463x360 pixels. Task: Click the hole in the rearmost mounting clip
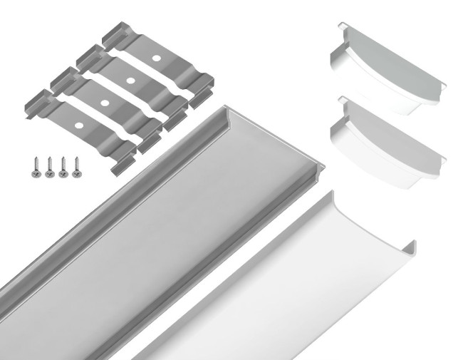click(156, 55)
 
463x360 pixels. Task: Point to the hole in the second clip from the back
click(130, 79)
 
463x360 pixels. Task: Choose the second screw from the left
click(49, 167)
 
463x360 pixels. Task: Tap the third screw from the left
click(63, 166)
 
